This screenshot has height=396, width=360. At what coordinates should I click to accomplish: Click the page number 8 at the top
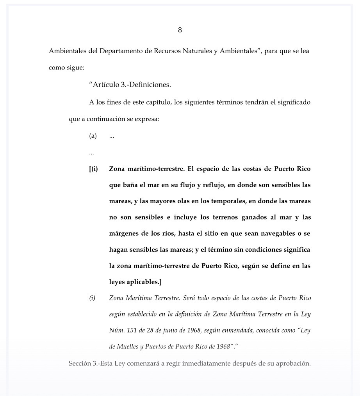point(180,30)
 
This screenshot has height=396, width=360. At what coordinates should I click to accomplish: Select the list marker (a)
point(93,136)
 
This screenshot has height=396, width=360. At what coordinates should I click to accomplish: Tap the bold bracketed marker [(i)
point(93,169)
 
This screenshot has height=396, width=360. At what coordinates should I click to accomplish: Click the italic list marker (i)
point(92,298)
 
